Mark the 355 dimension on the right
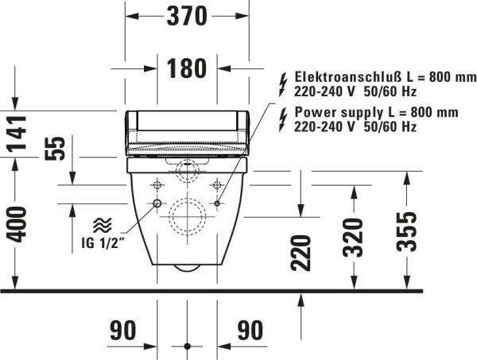[x=406, y=231]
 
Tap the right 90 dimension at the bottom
[x=250, y=331]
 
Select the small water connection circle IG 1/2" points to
[x=157, y=205]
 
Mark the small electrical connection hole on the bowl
[x=217, y=205]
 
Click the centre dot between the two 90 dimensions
[x=187, y=346]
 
